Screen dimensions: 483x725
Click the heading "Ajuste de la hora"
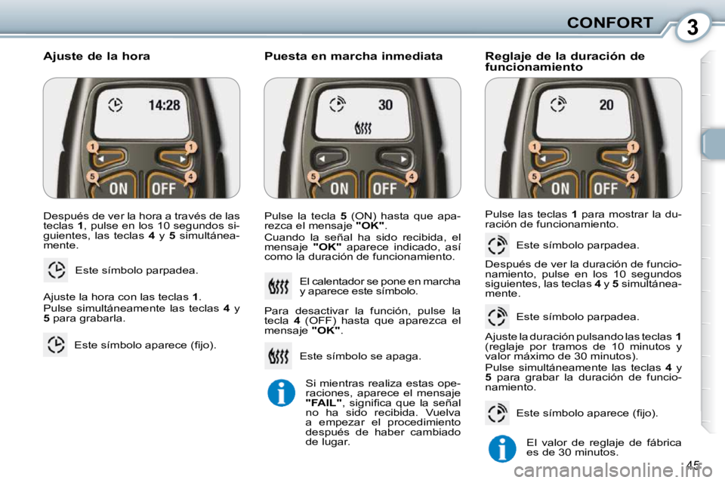point(97,57)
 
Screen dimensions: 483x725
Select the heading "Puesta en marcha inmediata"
point(353,57)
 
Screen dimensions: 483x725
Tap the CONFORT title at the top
point(609,22)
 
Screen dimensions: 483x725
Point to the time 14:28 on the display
point(164,105)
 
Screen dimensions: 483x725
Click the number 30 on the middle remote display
point(385,105)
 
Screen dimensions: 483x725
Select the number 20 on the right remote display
point(606,105)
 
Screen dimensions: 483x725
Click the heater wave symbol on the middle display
point(363,130)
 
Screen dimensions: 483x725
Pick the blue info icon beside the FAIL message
point(280,393)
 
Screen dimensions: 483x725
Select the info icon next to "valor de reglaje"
point(501,448)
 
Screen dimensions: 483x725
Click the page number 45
point(693,465)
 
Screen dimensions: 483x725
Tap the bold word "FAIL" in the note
point(322,403)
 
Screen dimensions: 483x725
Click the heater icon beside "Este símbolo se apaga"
point(278,355)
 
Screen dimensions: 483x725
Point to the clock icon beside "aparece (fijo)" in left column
point(55,345)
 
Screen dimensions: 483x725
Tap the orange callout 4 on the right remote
point(631,177)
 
